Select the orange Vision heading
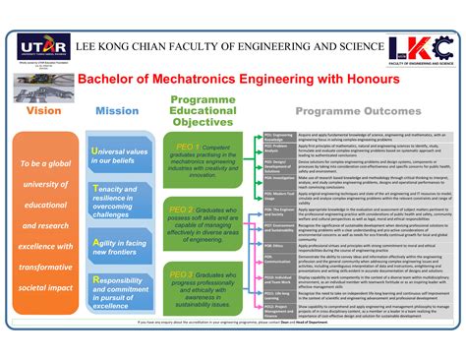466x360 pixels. [42, 111]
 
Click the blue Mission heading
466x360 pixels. [117, 111]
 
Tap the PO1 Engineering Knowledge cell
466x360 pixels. [278, 135]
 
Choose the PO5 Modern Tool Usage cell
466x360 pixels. [278, 195]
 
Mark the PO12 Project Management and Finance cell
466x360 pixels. [278, 309]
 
